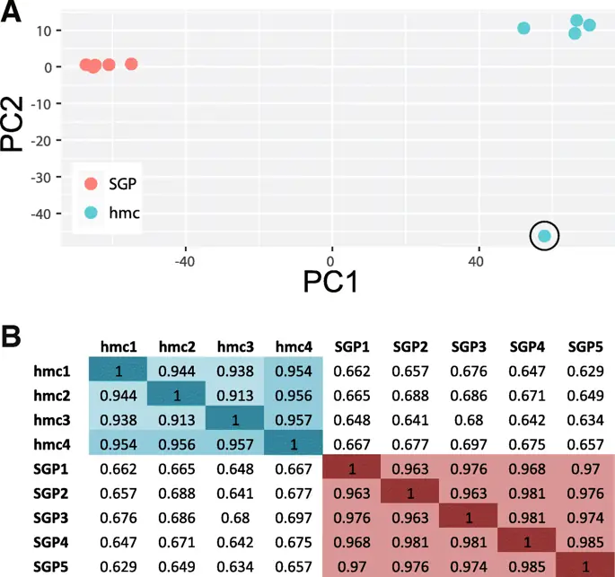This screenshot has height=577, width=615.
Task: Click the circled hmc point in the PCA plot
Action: point(544,236)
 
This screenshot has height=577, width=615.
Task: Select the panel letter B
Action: point(12,338)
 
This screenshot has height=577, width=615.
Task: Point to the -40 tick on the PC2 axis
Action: point(41,213)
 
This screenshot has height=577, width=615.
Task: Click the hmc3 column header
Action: point(235,345)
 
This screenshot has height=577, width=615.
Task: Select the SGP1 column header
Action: point(352,345)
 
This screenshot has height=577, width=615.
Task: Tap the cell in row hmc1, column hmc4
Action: point(294,370)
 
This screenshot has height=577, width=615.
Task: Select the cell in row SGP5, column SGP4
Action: point(527,566)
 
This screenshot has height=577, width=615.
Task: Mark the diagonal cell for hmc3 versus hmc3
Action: point(235,419)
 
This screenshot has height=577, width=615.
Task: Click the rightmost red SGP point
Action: point(131,64)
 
